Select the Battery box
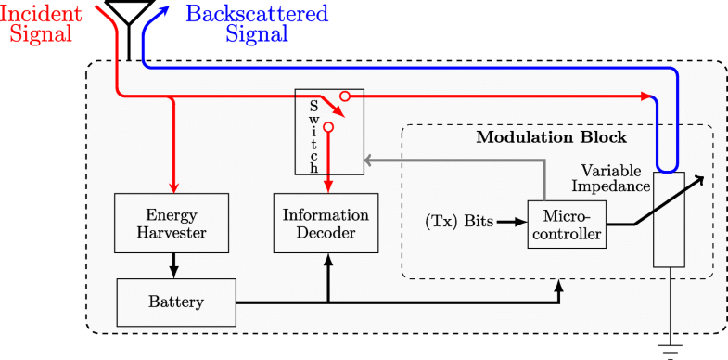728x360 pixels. tap(176, 302)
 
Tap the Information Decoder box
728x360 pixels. tap(326, 223)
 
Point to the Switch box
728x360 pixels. tap(329, 132)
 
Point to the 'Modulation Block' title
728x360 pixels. tap(551, 137)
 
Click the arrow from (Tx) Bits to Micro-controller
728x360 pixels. tap(511, 223)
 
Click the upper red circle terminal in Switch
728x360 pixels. tap(343, 96)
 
